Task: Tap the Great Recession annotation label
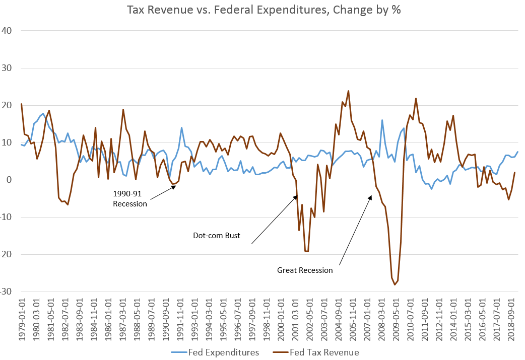[305, 270]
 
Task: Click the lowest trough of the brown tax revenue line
[395, 284]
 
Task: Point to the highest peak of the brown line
[348, 91]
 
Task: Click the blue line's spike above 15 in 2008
[382, 120]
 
